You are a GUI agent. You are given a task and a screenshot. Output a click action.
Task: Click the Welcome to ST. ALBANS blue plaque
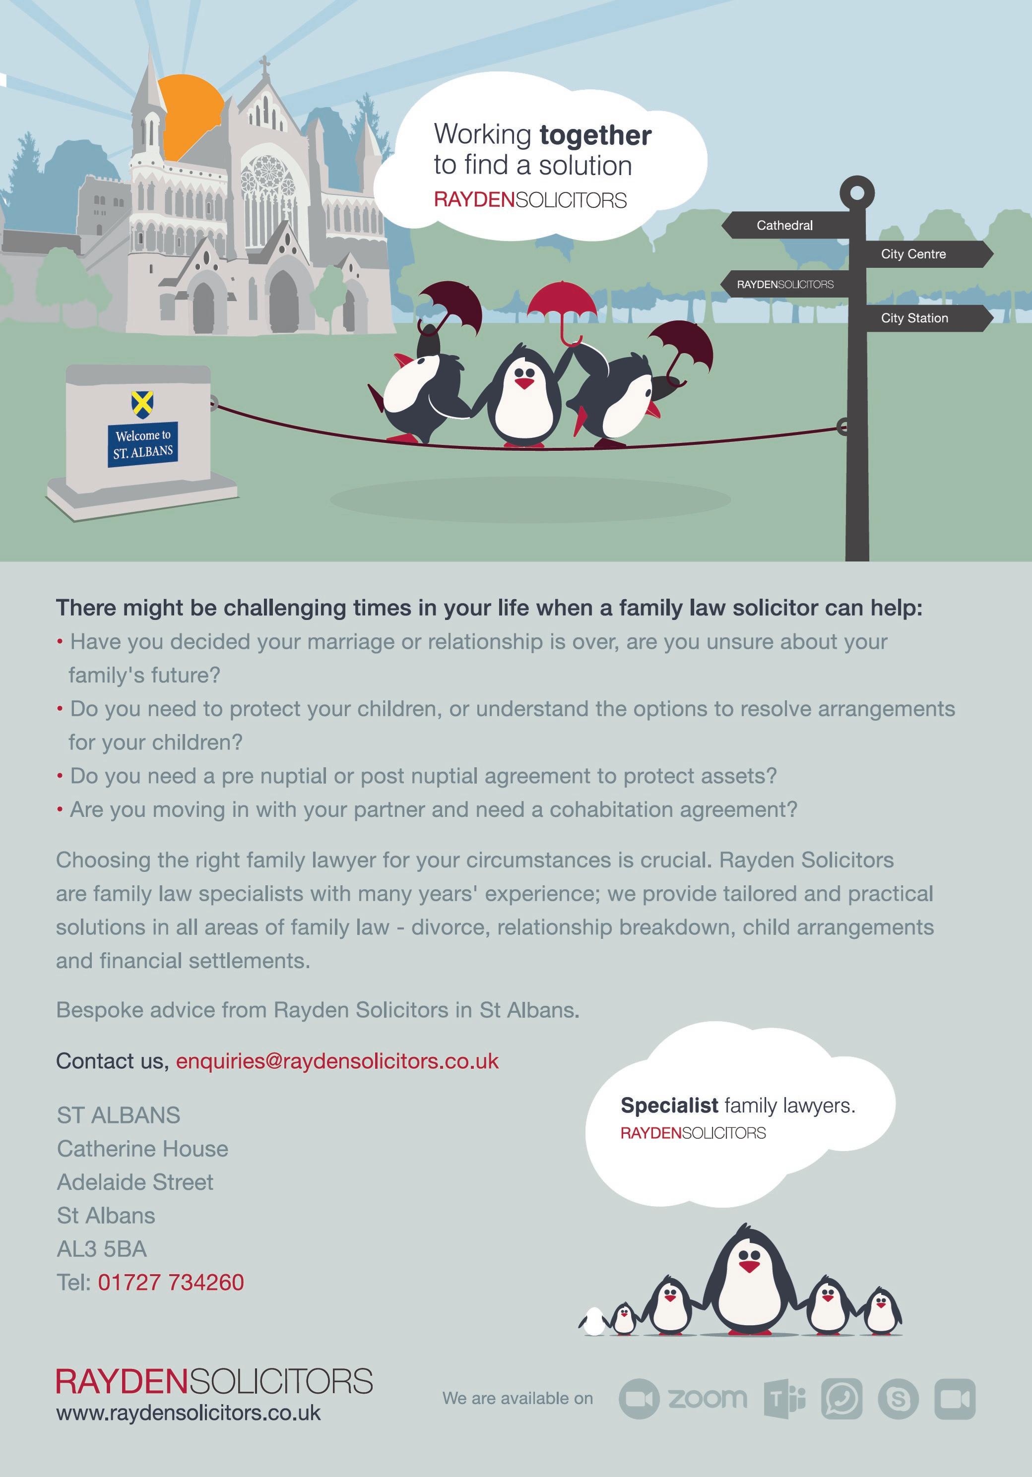point(143,443)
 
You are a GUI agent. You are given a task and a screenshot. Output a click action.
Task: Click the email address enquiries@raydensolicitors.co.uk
point(337,1061)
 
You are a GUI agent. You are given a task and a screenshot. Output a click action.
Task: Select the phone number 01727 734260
point(171,1282)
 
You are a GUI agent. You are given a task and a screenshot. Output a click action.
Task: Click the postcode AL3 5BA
point(102,1249)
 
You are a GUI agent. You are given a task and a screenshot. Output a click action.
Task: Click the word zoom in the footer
point(708,1397)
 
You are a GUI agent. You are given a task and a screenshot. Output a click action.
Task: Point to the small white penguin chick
point(592,1320)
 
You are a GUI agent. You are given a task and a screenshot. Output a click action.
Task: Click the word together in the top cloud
point(595,135)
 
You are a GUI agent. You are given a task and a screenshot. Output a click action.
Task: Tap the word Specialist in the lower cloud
point(669,1105)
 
